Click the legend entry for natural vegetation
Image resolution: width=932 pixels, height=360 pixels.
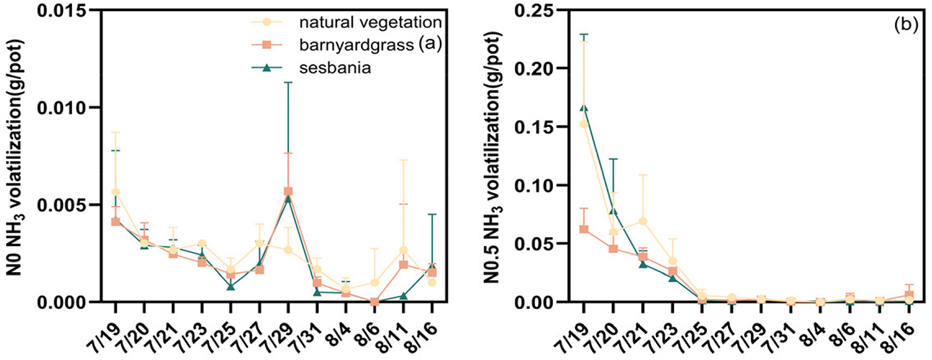[x=370, y=22]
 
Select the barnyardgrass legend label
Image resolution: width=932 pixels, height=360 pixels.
[x=356, y=45]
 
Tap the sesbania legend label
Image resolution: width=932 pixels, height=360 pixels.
[x=335, y=68]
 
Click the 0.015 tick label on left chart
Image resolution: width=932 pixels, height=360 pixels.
[x=62, y=10]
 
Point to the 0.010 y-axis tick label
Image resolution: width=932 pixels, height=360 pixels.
[x=62, y=108]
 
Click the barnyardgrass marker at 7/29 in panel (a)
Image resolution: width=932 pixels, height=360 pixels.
[x=288, y=191]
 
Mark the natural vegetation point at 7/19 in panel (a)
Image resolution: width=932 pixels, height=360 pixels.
[x=115, y=192]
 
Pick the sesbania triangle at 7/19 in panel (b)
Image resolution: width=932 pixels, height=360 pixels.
[x=584, y=108]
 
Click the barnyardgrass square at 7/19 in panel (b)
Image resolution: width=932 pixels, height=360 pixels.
[x=584, y=229]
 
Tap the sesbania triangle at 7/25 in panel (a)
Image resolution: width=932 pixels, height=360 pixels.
[x=230, y=287]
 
